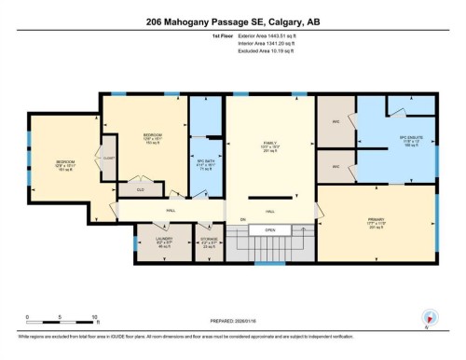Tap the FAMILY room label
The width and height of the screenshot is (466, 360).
[271, 146]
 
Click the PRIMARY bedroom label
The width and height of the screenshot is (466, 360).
[377, 224]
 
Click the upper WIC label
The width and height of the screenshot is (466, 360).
[336, 123]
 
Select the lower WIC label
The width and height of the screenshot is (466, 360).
[336, 166]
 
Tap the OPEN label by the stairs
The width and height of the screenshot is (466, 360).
[269, 229]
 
